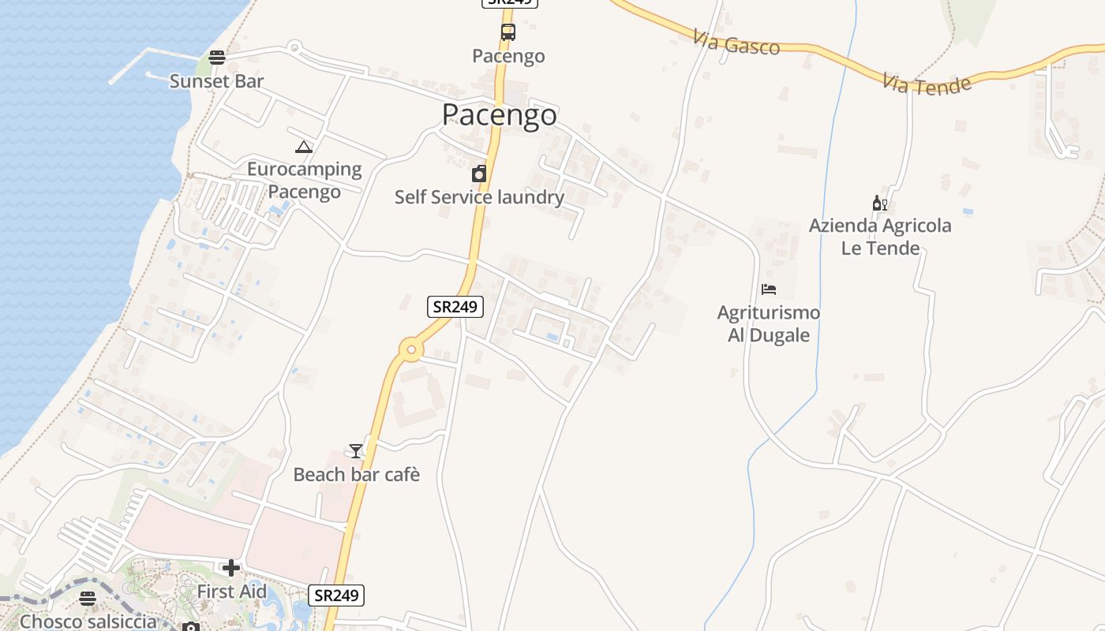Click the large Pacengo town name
point(499,115)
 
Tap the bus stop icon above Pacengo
point(508,32)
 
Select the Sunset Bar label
point(216,81)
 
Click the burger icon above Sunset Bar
point(217,57)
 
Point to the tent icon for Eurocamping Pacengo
point(304,147)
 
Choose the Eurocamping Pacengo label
point(304,181)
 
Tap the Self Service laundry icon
point(479,174)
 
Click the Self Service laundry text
point(479,197)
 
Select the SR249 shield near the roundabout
point(455,307)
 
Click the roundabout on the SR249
point(410,350)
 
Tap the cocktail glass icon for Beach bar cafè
point(356,451)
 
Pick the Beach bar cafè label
point(356,475)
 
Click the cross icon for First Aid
point(231,568)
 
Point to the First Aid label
point(231,592)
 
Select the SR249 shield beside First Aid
point(336,596)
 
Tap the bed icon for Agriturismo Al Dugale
point(769,289)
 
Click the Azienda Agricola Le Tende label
point(880,237)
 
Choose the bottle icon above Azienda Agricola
point(880,204)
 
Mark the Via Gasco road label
point(737,43)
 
